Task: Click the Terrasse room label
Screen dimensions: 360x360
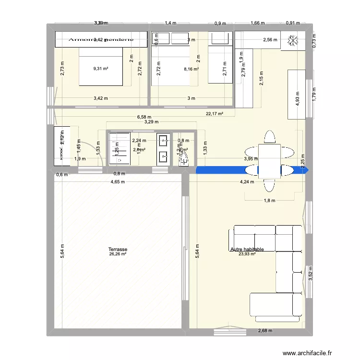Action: pyautogui.click(x=118, y=250)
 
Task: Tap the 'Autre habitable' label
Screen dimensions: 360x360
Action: pyautogui.click(x=247, y=249)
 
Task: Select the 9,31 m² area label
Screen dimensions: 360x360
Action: pyautogui.click(x=101, y=69)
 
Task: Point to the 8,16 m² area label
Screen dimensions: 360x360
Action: pyautogui.click(x=191, y=69)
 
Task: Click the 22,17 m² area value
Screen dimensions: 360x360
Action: pyautogui.click(x=215, y=114)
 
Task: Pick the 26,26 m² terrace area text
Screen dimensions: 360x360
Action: pyautogui.click(x=118, y=254)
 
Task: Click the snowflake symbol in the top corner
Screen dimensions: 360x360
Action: pyautogui.click(x=292, y=42)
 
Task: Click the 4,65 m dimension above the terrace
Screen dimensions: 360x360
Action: pyautogui.click(x=118, y=182)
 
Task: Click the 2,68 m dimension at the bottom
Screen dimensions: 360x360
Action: pyautogui.click(x=265, y=330)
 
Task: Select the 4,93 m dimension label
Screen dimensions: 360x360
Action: pyautogui.click(x=298, y=101)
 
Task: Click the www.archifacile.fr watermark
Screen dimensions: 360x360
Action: pyautogui.click(x=307, y=353)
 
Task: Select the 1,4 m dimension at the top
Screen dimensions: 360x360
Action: pyautogui.click(x=170, y=23)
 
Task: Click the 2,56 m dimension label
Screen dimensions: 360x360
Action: pyautogui.click(x=271, y=40)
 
